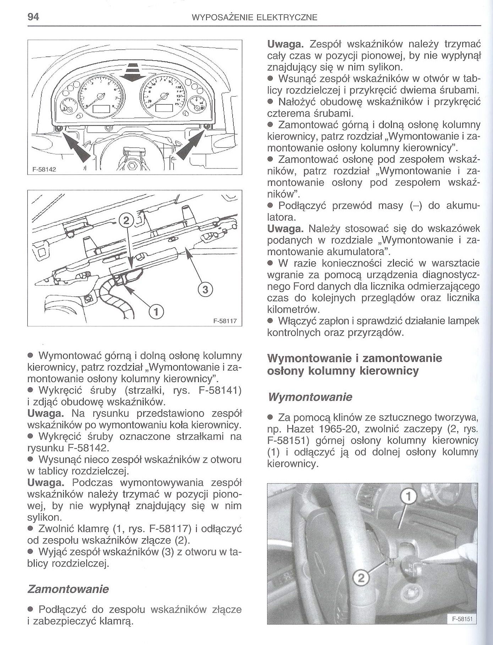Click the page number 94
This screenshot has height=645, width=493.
[x=34, y=16]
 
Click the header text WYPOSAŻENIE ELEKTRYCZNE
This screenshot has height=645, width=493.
[x=254, y=17]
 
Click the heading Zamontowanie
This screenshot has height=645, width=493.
[x=68, y=589]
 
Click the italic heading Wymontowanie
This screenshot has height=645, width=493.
[x=310, y=397]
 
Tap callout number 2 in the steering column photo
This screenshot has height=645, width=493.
[x=361, y=579]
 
